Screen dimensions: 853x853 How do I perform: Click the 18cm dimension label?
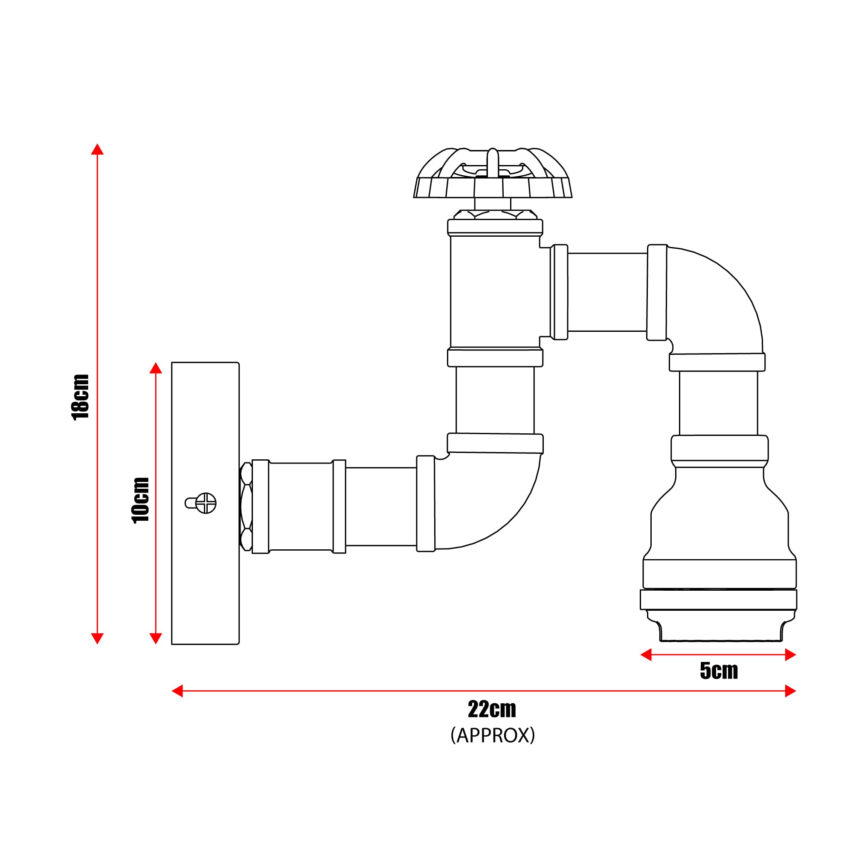(x=81, y=397)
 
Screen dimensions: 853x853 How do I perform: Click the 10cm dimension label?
(x=141, y=500)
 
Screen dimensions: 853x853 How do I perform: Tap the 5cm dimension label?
(x=718, y=670)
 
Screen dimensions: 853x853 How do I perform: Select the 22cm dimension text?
(x=492, y=710)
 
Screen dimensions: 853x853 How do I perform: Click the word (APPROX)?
(x=492, y=736)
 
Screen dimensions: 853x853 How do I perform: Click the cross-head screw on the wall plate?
(x=206, y=503)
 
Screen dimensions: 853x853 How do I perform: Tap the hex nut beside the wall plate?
(x=246, y=506)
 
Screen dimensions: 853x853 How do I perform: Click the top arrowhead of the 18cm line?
(x=97, y=149)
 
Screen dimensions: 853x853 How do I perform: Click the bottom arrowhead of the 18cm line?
(x=97, y=638)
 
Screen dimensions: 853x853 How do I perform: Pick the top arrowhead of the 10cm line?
(x=155, y=368)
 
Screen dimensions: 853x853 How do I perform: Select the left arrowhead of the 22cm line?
(x=177, y=691)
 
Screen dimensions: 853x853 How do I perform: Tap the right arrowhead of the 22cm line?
(x=790, y=691)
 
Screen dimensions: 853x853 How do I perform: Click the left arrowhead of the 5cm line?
(x=646, y=655)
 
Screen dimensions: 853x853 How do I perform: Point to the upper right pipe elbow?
(x=715, y=300)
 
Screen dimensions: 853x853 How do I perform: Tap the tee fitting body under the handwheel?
(x=494, y=291)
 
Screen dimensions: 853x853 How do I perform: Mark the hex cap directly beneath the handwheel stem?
(x=495, y=215)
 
